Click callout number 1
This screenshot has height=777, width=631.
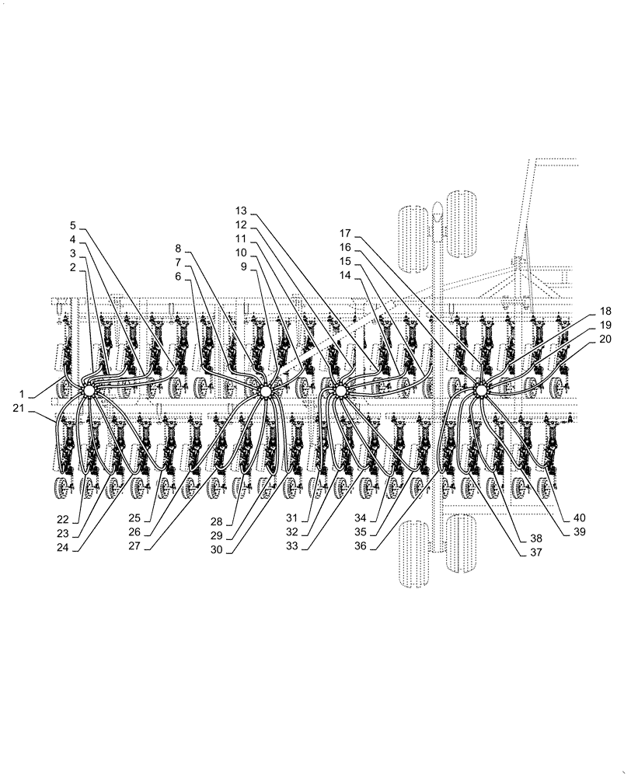[21, 394]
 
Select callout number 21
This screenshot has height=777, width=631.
[21, 408]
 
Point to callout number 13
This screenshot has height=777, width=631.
[241, 211]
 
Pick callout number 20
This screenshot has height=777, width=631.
[605, 339]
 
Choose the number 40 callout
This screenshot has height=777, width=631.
[580, 518]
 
